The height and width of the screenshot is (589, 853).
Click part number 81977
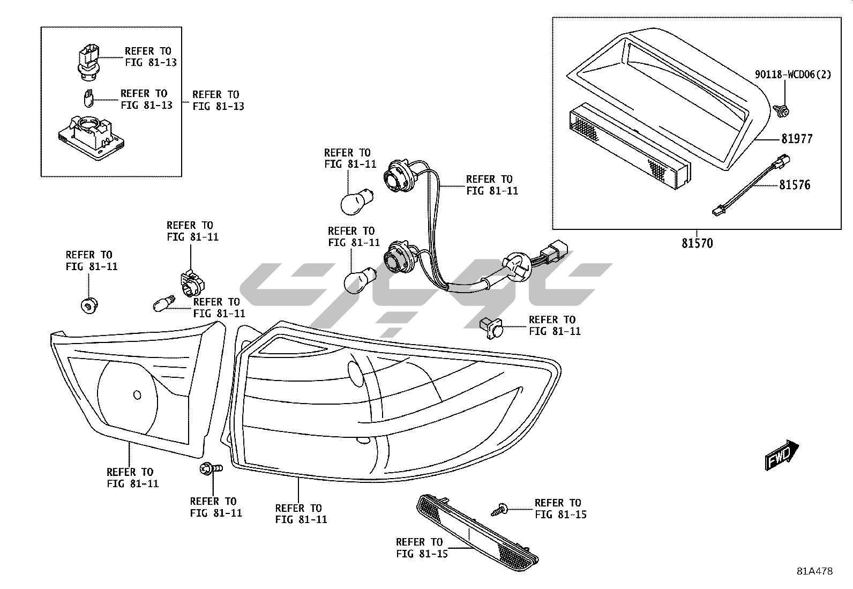(796, 139)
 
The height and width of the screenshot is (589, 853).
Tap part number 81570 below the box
(697, 243)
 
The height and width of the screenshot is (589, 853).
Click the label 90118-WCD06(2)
(793, 75)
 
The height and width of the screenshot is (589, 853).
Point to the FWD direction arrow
(782, 455)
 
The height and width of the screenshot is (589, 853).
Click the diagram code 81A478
(814, 571)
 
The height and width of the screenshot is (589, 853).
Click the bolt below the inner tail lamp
(211, 469)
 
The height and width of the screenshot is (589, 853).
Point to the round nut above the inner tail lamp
(87, 306)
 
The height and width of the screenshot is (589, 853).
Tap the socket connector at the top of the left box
(88, 62)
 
